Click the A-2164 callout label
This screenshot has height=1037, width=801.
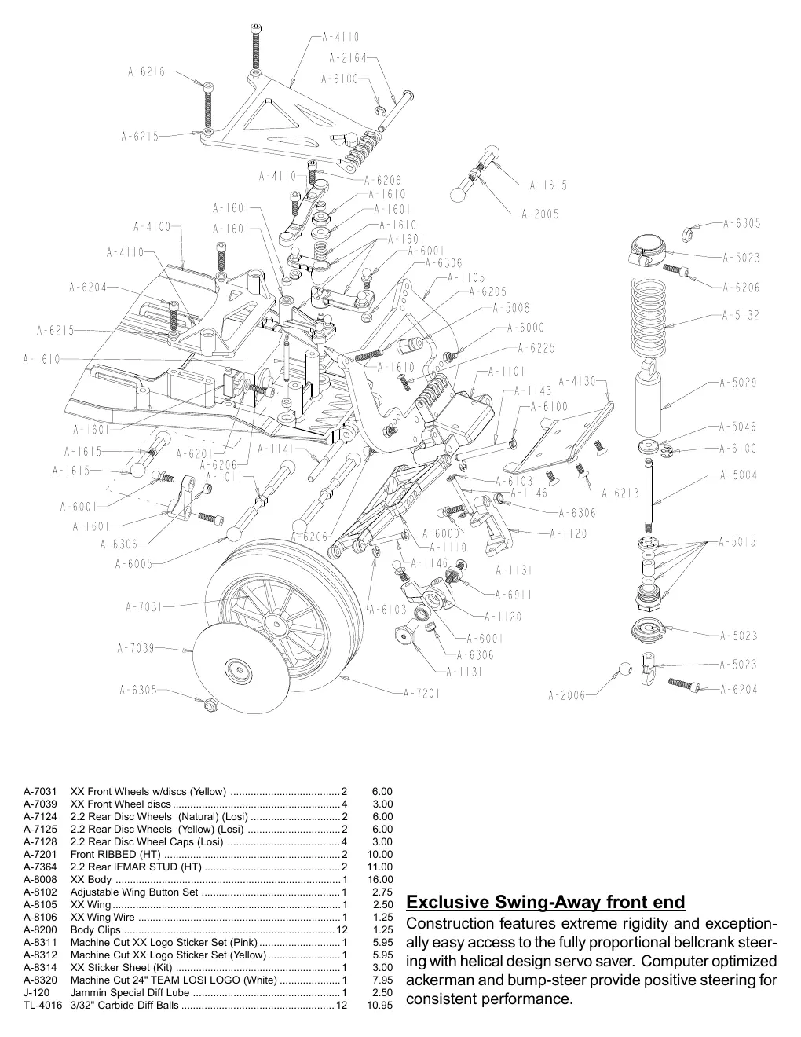[x=348, y=58]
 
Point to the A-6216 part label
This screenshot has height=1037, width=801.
[x=146, y=71]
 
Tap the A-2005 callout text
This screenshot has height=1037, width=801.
[x=540, y=214]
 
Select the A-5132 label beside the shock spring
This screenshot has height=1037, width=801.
[x=741, y=315]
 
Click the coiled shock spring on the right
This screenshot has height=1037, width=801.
[x=649, y=317]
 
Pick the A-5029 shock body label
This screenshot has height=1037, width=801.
[x=738, y=383]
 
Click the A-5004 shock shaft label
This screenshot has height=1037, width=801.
[x=738, y=475]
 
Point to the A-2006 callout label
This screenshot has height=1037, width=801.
[x=567, y=694]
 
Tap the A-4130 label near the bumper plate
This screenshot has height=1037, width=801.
[x=577, y=381]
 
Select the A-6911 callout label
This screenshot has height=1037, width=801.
[x=514, y=595]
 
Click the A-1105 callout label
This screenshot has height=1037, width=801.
[x=466, y=277]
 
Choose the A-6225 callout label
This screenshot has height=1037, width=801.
[x=536, y=348]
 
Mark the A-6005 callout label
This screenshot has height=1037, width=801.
[x=133, y=563]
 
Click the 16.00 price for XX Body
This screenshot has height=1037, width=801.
[x=380, y=880]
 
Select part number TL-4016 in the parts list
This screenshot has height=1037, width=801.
[x=43, y=1005]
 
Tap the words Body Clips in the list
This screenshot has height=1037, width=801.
[x=96, y=929]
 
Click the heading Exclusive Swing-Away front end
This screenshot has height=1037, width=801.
[x=545, y=902]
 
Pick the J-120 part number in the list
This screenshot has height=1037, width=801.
[x=37, y=993]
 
